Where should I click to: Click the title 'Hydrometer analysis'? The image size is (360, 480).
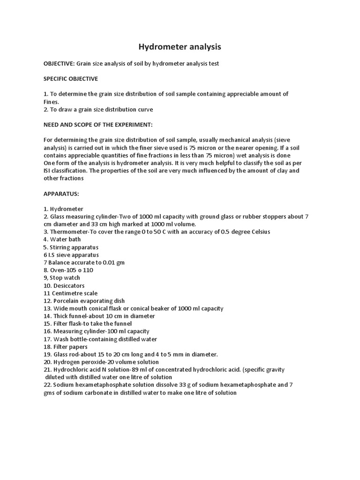click(180, 47)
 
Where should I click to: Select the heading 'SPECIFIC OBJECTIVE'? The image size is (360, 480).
click(71, 79)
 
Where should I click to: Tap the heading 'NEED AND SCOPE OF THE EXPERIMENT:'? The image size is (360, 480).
click(98, 125)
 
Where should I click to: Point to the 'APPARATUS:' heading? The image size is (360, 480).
click(61, 193)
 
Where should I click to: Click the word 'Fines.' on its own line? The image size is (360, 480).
click(52, 102)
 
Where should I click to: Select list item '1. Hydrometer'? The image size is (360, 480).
click(63, 209)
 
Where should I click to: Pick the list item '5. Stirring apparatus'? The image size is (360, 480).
click(71, 247)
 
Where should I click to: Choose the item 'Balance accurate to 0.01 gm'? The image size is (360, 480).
click(86, 262)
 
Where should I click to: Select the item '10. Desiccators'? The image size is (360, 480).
click(64, 285)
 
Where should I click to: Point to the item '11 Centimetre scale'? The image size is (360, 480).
click(70, 293)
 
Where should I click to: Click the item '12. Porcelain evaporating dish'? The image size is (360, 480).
click(84, 300)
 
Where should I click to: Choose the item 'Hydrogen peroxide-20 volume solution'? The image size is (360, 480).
click(106, 362)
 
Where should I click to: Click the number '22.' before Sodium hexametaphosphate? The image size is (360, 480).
click(47, 385)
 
